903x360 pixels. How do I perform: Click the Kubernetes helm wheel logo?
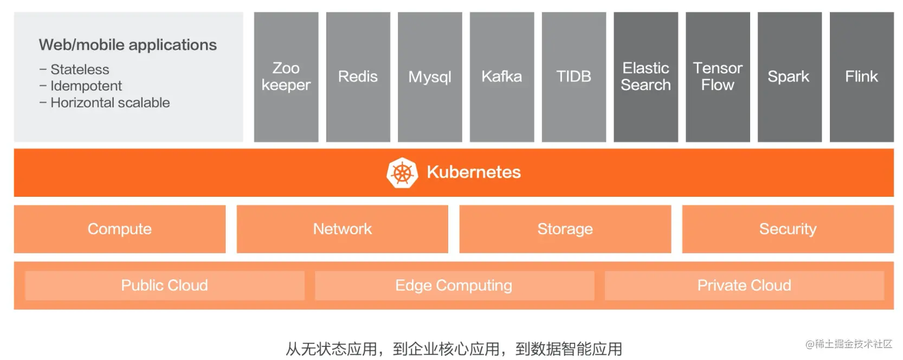point(402,172)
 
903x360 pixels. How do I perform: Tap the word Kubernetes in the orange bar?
point(474,172)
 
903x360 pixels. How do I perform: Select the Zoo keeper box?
point(286,77)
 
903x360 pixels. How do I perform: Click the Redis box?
point(358,77)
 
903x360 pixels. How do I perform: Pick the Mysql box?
point(430,77)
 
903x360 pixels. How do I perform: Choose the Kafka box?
point(502,77)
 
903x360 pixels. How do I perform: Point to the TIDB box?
point(573,77)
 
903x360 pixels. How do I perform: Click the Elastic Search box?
point(646,77)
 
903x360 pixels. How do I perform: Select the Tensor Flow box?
point(718,77)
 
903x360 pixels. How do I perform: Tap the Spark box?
point(790,77)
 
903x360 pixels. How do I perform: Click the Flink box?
point(861,77)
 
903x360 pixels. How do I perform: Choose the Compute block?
point(120,229)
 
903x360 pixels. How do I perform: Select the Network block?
point(342,229)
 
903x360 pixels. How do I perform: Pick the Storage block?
point(565,229)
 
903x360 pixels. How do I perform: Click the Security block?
point(788,229)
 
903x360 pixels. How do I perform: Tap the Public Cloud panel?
point(164,285)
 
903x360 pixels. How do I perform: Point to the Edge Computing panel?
point(454,285)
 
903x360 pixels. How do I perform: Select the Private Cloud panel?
point(744,285)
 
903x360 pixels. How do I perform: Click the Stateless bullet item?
point(74,69)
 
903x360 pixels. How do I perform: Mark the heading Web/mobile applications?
point(128,45)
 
